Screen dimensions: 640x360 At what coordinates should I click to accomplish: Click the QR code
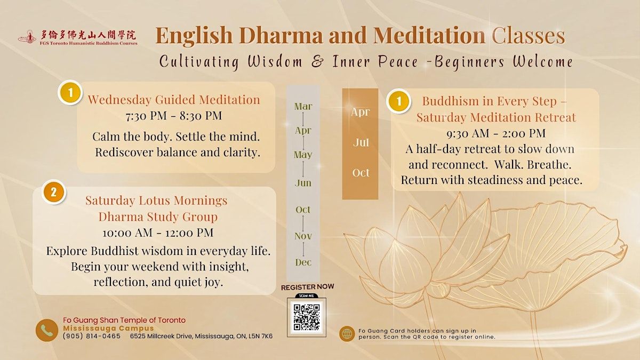click(x=307, y=317)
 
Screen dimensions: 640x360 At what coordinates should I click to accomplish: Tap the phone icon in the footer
click(x=47, y=330)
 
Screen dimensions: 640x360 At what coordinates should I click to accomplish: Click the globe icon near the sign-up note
click(x=347, y=334)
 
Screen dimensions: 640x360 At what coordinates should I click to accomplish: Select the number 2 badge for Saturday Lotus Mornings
click(x=54, y=193)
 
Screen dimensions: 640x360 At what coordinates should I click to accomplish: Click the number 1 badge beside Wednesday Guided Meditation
click(x=70, y=93)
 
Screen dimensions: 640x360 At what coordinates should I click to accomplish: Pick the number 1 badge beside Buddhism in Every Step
click(x=399, y=101)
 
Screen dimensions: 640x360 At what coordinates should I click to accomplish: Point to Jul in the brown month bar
click(x=361, y=142)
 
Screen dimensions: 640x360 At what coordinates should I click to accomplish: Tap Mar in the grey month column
click(x=303, y=106)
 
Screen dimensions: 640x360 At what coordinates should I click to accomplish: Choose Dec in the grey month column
click(x=303, y=262)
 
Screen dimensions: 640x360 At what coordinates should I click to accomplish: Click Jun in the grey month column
click(x=303, y=183)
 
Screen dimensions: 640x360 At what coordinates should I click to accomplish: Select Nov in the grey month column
click(x=303, y=236)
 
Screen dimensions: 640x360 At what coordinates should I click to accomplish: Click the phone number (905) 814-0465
click(x=92, y=337)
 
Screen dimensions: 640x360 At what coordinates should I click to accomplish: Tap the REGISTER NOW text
click(x=307, y=287)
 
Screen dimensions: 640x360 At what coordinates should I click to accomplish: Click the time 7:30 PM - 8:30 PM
click(x=174, y=116)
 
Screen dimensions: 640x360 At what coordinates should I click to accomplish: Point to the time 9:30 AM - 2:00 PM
click(x=496, y=133)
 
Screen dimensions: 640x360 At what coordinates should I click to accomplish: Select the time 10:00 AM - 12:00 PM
click(x=158, y=233)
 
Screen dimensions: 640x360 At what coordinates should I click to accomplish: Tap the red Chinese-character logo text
click(x=87, y=35)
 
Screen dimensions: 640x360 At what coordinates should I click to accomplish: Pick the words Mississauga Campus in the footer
click(x=109, y=329)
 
